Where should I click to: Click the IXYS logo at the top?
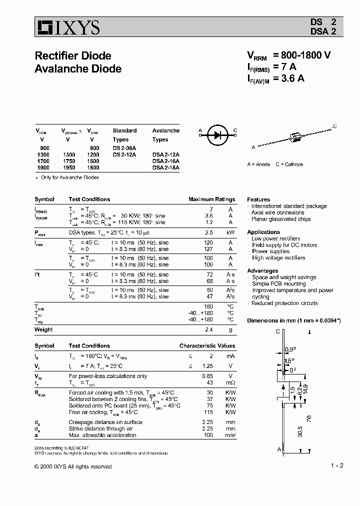pos(67,27)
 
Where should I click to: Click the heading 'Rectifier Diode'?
pos(73,55)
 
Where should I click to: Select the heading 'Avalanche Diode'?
pos(78,69)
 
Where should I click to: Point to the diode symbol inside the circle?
pos(217,134)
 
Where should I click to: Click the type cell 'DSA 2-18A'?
pos(166,168)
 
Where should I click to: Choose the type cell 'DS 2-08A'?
pos(124,148)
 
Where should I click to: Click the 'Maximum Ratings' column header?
pos(211,199)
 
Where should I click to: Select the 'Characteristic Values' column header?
pos(207,345)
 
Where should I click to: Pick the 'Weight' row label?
pos(43,329)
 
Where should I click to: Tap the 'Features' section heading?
pos(258,199)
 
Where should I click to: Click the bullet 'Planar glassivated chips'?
pos(280,219)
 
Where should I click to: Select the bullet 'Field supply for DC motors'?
pos(284,245)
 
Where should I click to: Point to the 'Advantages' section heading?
pos(262,270)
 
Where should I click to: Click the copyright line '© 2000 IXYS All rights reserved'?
pos(73,466)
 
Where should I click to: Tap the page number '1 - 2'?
pos(337,465)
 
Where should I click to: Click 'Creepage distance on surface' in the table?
pos(105,422)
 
